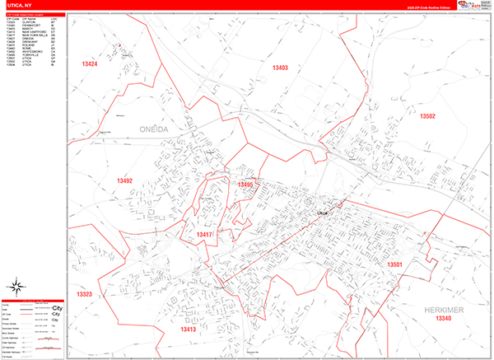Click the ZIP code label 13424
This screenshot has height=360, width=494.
[89, 63]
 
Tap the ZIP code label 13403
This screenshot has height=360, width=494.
[280, 68]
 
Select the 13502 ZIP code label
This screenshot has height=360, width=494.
[427, 116]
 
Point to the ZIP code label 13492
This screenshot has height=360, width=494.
[124, 180]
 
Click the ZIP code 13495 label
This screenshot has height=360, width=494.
[245, 185]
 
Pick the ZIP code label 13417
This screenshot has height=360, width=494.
[205, 235]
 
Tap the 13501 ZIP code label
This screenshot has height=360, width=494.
[395, 264]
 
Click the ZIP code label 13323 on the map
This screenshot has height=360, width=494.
[84, 294]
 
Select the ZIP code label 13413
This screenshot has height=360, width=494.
[189, 330]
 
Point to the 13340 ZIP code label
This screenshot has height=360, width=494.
[444, 318]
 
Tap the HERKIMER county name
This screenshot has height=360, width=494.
[444, 309]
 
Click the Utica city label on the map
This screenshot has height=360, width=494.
[322, 213]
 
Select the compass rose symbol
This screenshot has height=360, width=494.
[15, 286]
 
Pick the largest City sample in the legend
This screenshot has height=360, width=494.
[58, 307]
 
